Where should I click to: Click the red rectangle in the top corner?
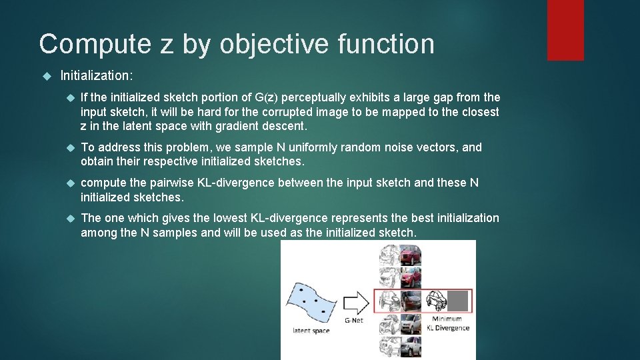[565, 30]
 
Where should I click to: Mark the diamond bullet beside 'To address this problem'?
[70, 147]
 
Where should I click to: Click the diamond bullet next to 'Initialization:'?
[46, 77]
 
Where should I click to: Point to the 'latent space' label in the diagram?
[311, 331]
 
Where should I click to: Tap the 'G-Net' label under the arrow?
[354, 321]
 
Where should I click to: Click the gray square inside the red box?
[457, 301]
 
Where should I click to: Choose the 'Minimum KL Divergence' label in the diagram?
[447, 324]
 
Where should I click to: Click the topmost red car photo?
[410, 255]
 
